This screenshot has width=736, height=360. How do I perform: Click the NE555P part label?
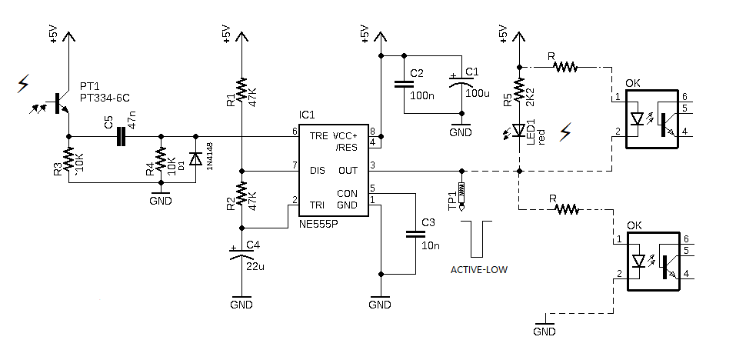point(318,224)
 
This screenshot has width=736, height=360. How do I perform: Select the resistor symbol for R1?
point(241,90)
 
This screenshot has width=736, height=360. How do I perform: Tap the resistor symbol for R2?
point(241,194)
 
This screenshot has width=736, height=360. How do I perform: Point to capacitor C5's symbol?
point(121,136)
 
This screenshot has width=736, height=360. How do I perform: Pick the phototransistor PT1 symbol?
point(61,103)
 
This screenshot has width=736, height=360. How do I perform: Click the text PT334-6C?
point(105,98)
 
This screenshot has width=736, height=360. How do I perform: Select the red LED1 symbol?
point(518,130)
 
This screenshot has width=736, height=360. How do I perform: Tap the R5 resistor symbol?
point(519,90)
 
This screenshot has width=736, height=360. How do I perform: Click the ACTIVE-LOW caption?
point(479,270)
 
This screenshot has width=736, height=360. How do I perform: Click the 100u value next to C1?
point(477,93)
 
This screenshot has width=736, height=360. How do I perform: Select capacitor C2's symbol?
point(404,84)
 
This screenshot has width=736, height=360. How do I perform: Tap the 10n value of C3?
point(431,245)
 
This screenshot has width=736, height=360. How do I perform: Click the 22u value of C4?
point(256,267)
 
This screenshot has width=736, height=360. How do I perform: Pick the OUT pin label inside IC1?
point(348,170)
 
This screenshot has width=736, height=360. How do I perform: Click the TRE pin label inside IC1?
point(318,136)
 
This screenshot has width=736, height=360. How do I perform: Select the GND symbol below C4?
point(241,301)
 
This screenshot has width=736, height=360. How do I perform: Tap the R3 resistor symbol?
point(69,159)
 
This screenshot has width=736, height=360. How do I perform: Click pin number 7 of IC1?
point(295,165)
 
